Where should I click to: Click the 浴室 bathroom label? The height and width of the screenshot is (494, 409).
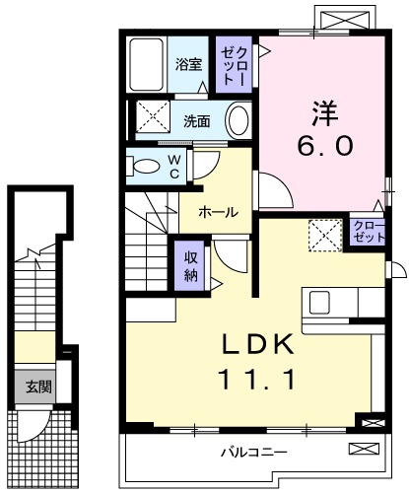click(x=188, y=65)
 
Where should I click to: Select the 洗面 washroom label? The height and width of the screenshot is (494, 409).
click(x=197, y=122)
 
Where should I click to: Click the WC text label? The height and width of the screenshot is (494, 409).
click(x=173, y=165)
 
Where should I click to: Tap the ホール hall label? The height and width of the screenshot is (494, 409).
click(x=217, y=212)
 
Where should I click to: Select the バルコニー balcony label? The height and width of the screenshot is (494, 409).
click(x=254, y=455)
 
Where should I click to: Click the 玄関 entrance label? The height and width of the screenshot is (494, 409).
click(x=38, y=386)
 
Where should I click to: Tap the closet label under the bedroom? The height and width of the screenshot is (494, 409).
click(x=369, y=233)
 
